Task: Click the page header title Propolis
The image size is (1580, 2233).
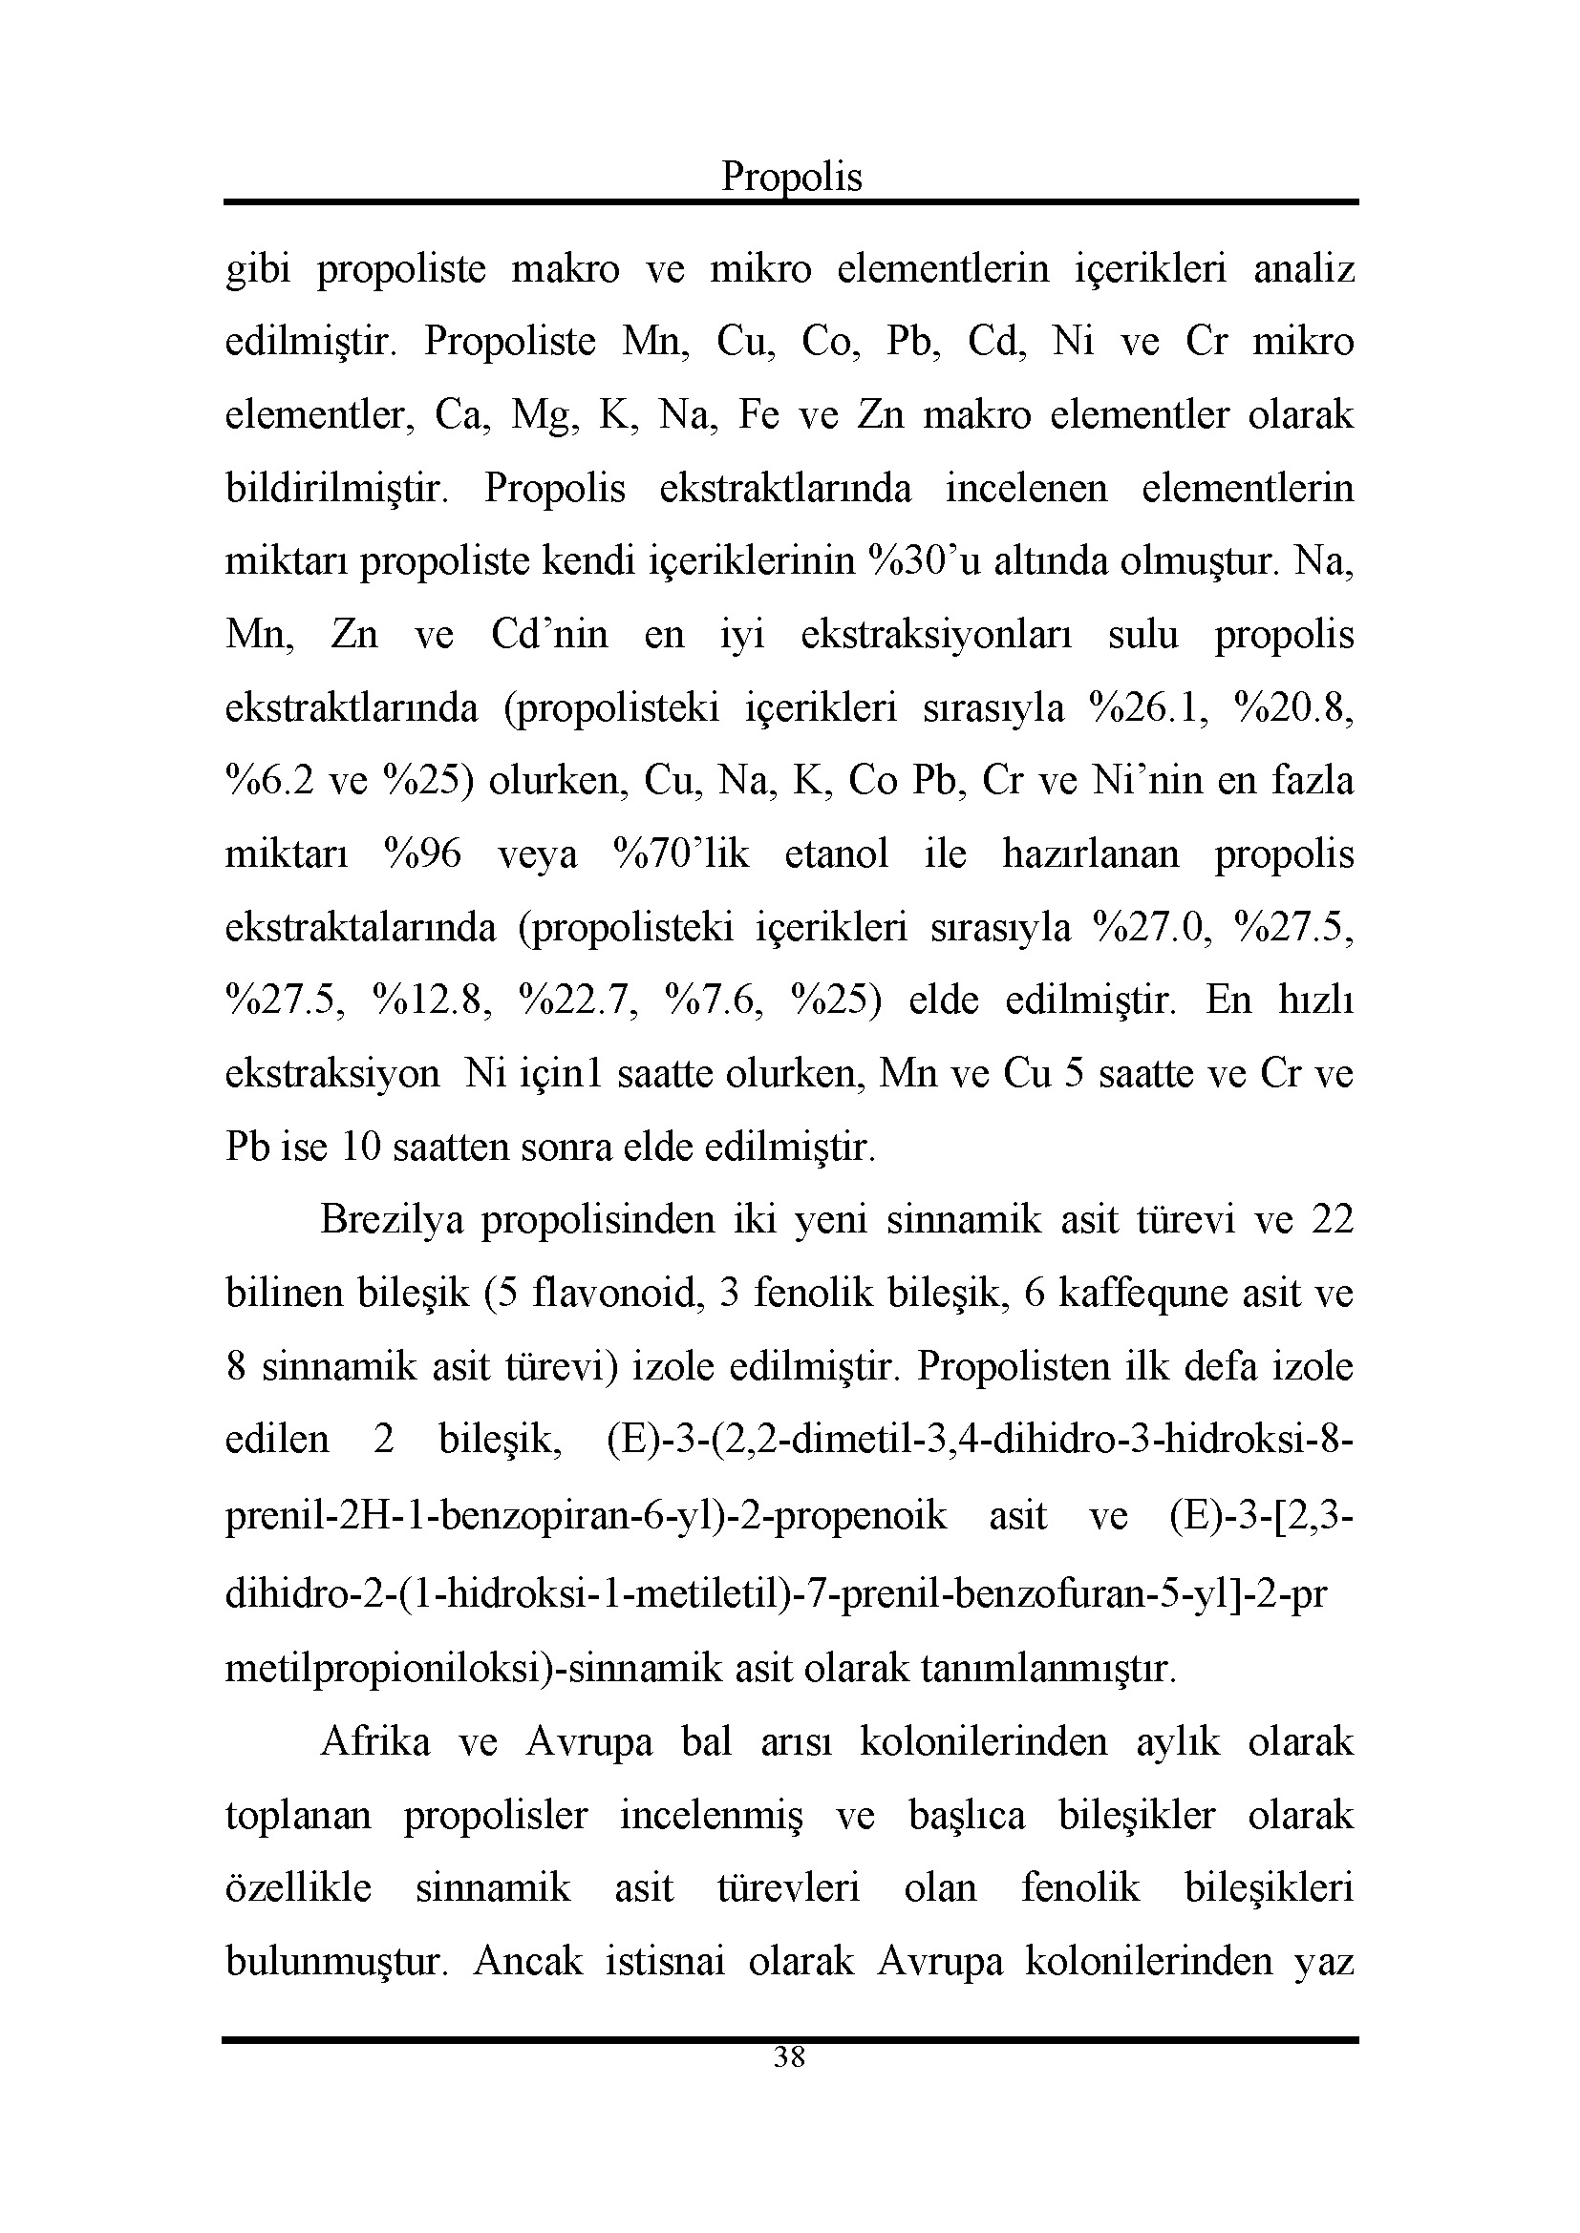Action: click(x=791, y=177)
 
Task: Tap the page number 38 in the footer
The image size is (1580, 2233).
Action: click(x=789, y=2056)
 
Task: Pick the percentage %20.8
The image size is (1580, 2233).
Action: click(x=1293, y=708)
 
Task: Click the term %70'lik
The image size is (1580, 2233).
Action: click(x=681, y=853)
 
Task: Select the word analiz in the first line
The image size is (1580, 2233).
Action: click(x=1304, y=268)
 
